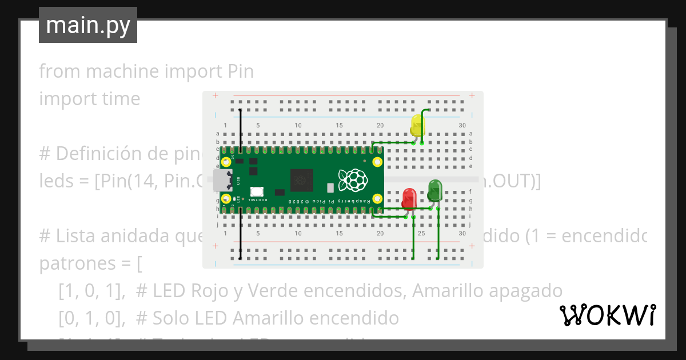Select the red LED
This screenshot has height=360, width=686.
click(x=409, y=198)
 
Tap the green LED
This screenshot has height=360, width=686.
click(x=434, y=190)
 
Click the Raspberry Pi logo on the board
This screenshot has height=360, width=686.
click(x=352, y=180)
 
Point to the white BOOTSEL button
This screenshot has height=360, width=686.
click(x=257, y=191)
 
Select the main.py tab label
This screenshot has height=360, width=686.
click(x=88, y=26)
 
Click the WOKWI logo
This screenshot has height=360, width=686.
click(x=607, y=315)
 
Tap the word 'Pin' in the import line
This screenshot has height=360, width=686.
click(x=240, y=72)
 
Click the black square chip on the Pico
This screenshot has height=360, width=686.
click(x=301, y=180)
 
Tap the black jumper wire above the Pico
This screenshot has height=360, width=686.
click(x=240, y=129)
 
